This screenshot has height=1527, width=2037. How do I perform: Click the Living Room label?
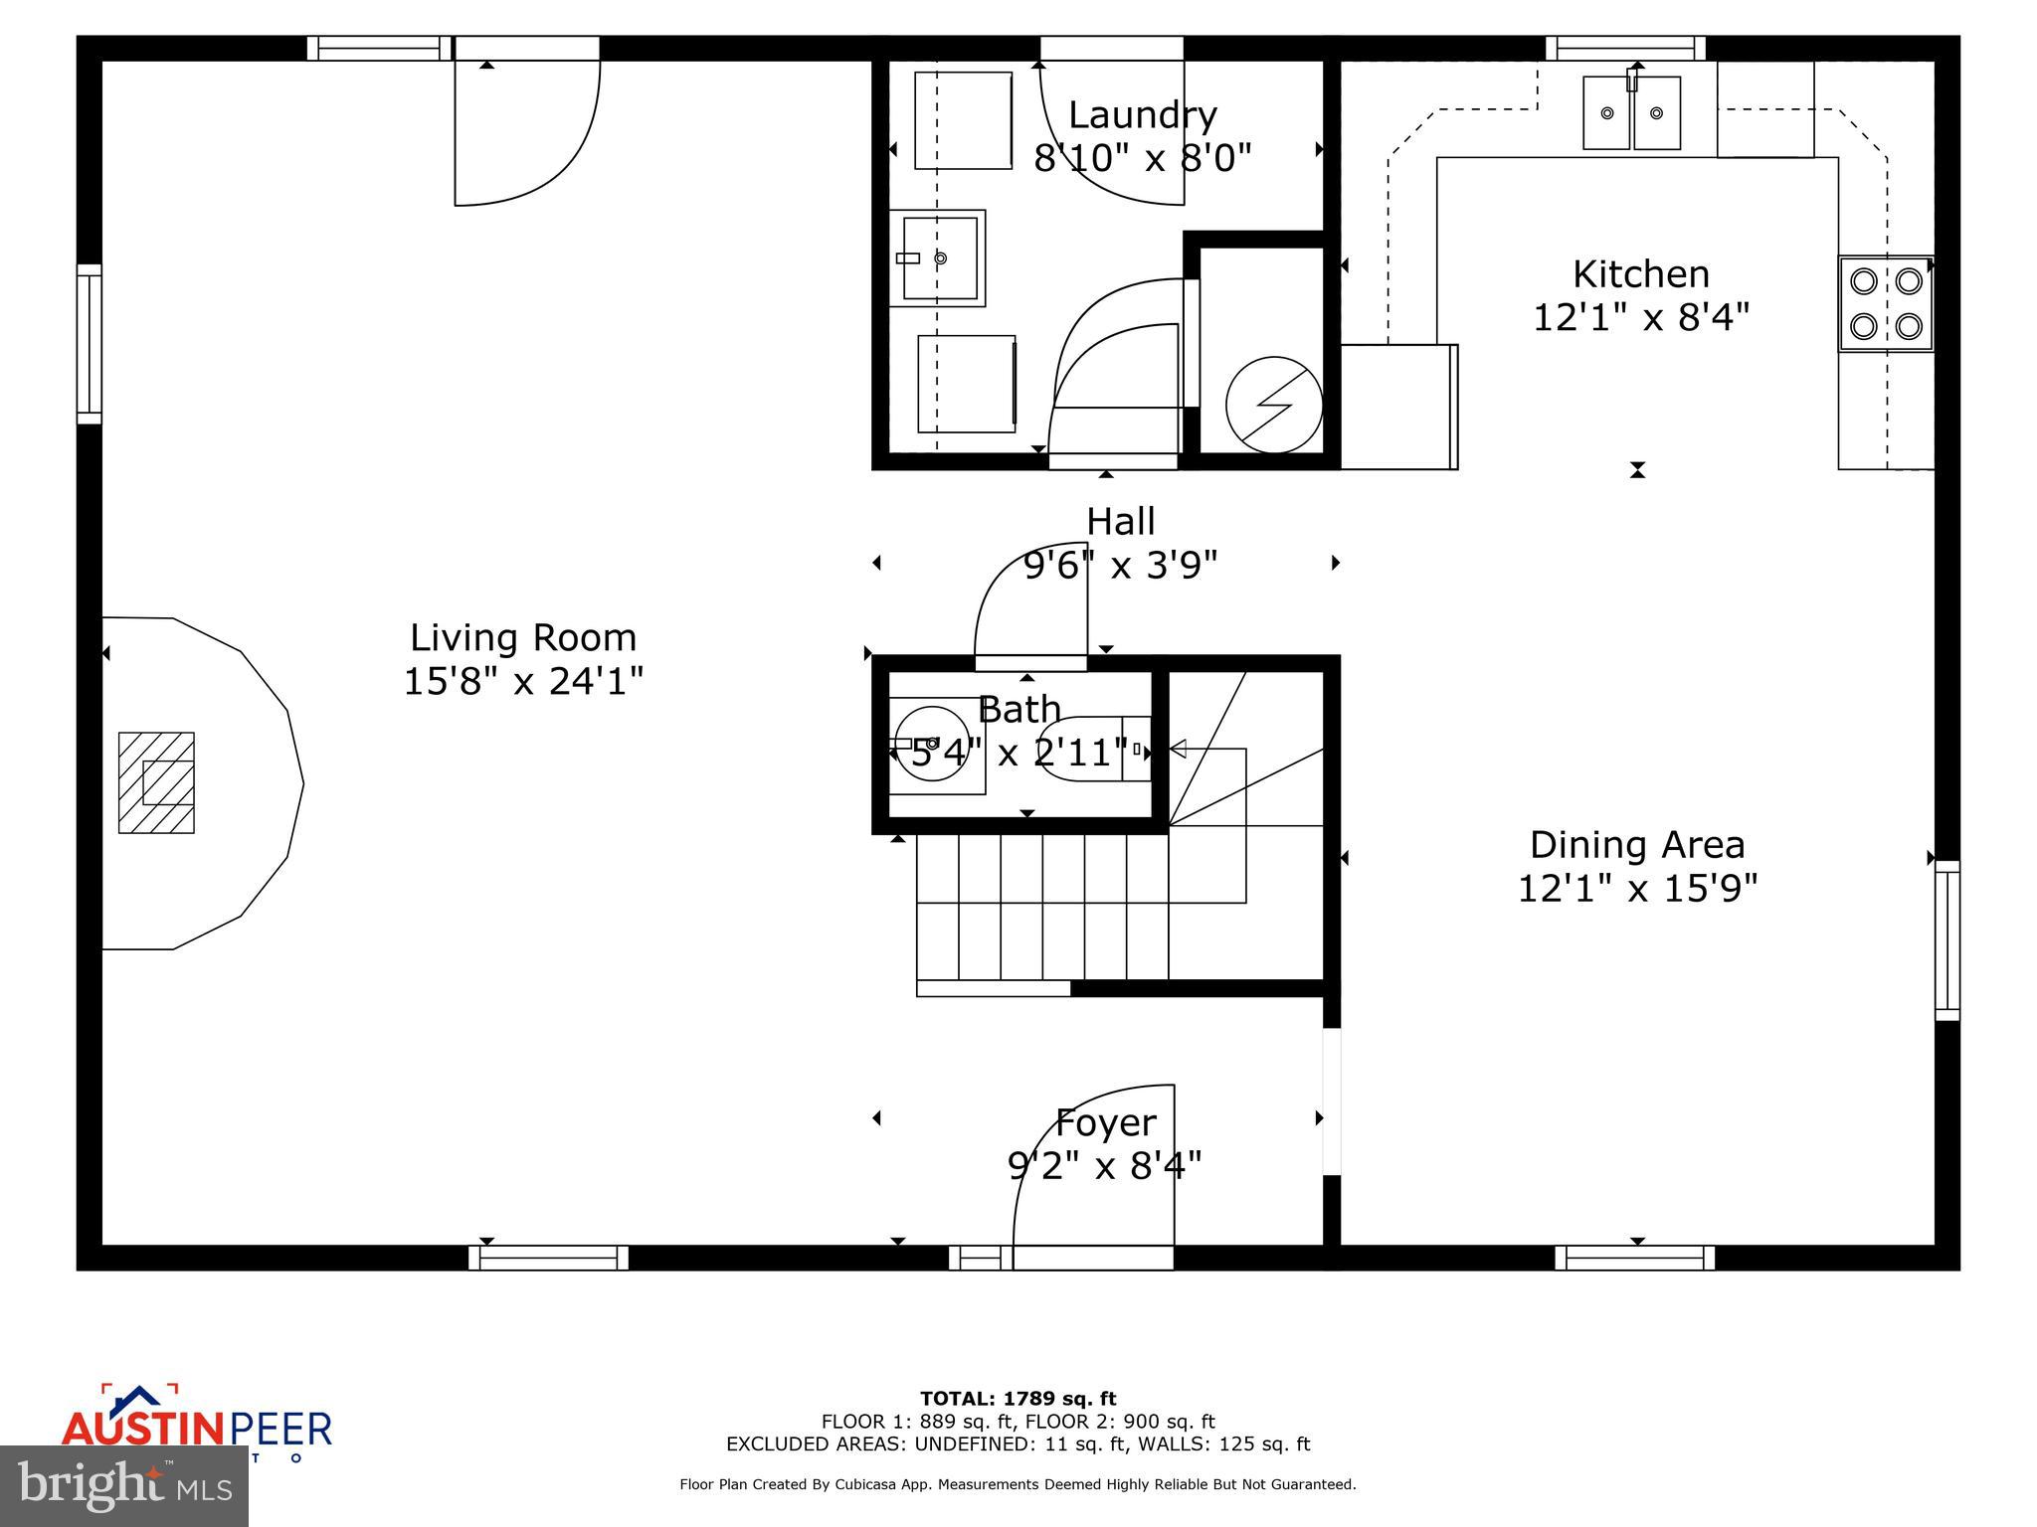coord(523,637)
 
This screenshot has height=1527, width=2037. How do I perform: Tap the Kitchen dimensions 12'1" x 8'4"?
coord(1640,318)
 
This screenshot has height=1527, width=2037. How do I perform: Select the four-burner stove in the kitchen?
coord(1885,303)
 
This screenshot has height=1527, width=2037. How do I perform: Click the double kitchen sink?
coord(1631,112)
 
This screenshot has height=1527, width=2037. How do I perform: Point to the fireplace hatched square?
coord(156,782)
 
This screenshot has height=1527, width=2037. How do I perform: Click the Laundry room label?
coord(1142,115)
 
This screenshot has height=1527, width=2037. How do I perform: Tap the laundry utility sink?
coord(937,257)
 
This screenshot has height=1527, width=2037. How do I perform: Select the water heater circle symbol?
coord(1273,405)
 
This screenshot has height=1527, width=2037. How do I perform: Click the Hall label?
coord(1120,521)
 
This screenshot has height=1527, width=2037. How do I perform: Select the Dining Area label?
coord(1637,845)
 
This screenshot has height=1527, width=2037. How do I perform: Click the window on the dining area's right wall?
coord(1946,940)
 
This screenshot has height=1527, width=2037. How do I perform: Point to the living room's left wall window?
coord(90,344)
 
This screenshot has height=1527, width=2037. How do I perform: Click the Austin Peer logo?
coord(196,1428)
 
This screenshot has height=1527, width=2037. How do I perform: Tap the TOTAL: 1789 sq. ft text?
coord(1018,1399)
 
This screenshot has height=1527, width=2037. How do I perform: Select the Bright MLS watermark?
coord(124,1485)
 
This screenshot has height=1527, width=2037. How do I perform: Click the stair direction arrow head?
coord(1178,749)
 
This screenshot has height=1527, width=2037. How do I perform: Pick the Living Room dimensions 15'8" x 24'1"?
coord(523,682)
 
